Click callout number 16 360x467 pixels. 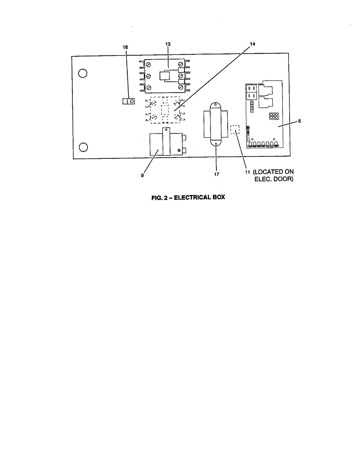point(125,47)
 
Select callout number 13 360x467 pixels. point(168,44)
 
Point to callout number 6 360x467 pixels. point(299,121)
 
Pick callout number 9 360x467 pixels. point(142,176)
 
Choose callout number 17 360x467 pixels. point(216,174)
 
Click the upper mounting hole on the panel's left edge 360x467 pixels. point(83,73)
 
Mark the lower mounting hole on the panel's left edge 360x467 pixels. point(83,147)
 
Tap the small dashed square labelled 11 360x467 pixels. point(235,129)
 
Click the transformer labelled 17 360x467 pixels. point(214,125)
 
